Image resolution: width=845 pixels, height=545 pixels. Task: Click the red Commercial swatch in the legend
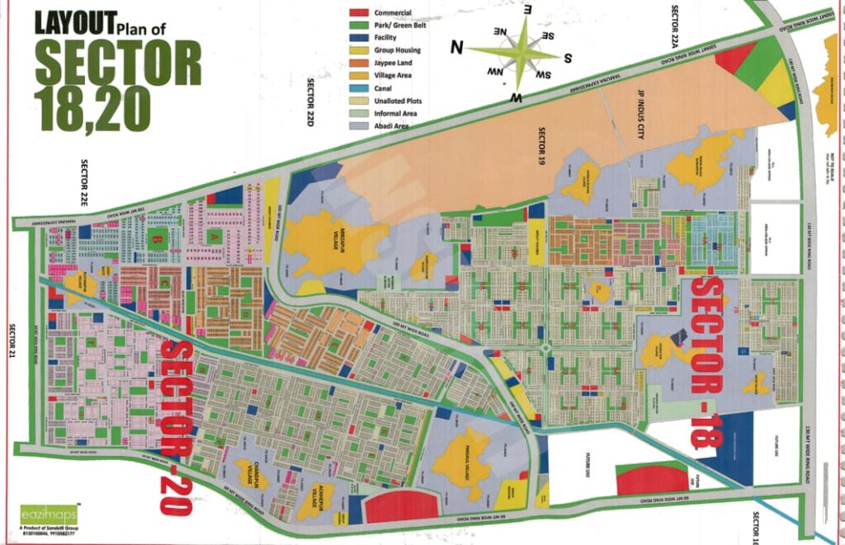tap(359, 13)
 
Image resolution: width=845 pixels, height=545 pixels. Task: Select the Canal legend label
tap(387, 87)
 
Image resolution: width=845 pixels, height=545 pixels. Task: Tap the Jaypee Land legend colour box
tap(359, 63)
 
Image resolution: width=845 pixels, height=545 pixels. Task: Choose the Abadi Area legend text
tap(393, 125)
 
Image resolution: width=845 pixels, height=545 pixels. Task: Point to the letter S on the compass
tap(569, 58)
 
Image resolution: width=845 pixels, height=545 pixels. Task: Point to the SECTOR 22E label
tap(84, 181)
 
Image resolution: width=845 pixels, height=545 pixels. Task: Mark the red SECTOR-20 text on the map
tap(177, 425)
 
